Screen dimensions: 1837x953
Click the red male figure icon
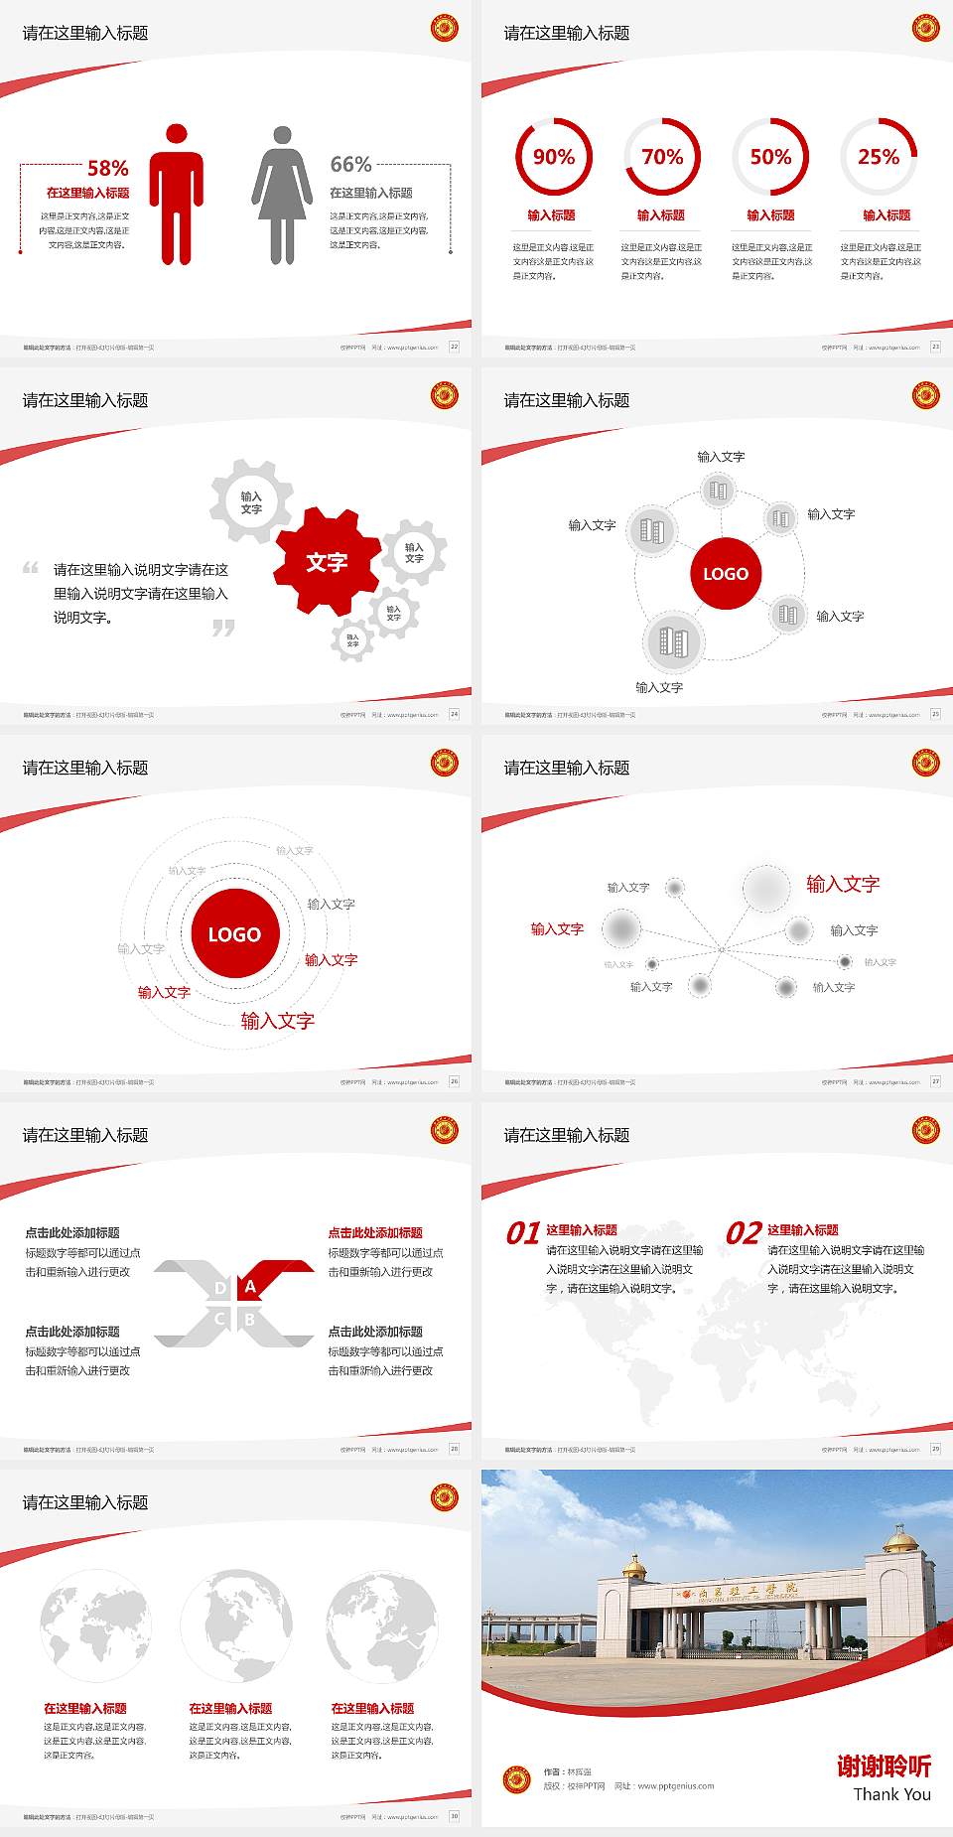click(x=177, y=195)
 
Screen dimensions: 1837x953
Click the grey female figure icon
click(x=282, y=195)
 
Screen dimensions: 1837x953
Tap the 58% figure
click(x=108, y=168)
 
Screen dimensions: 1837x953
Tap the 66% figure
click(x=350, y=164)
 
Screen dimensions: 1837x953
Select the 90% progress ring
click(x=553, y=157)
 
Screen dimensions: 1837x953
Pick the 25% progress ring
click(x=879, y=157)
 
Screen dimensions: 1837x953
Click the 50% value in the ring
click(x=770, y=157)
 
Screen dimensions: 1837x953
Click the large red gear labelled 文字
click(x=327, y=562)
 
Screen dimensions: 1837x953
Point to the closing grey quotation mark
click(x=223, y=628)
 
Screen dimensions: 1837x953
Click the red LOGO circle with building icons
click(x=726, y=573)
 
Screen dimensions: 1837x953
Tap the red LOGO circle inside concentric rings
click(x=234, y=933)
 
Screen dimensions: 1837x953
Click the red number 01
click(x=523, y=1233)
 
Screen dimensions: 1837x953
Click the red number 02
click(x=744, y=1233)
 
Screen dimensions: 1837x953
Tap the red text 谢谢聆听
click(x=884, y=1766)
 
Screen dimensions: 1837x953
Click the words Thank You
click(x=891, y=1794)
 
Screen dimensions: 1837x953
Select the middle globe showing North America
click(x=235, y=1625)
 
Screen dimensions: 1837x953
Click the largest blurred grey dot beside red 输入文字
click(x=765, y=888)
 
